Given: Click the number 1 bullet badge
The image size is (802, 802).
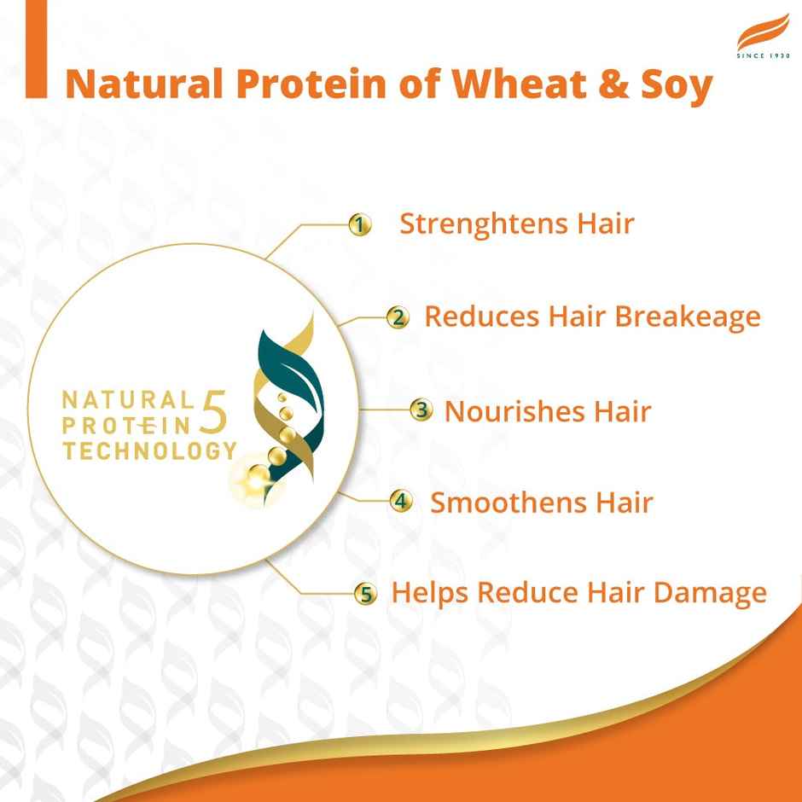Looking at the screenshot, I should (361, 225).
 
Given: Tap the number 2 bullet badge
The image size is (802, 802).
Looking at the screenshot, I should (398, 317).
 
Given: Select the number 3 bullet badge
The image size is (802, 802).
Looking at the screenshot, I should (421, 410).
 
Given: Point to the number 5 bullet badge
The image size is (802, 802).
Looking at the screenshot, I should (366, 594).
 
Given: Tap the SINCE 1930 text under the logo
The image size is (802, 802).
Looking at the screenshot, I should (764, 55).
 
